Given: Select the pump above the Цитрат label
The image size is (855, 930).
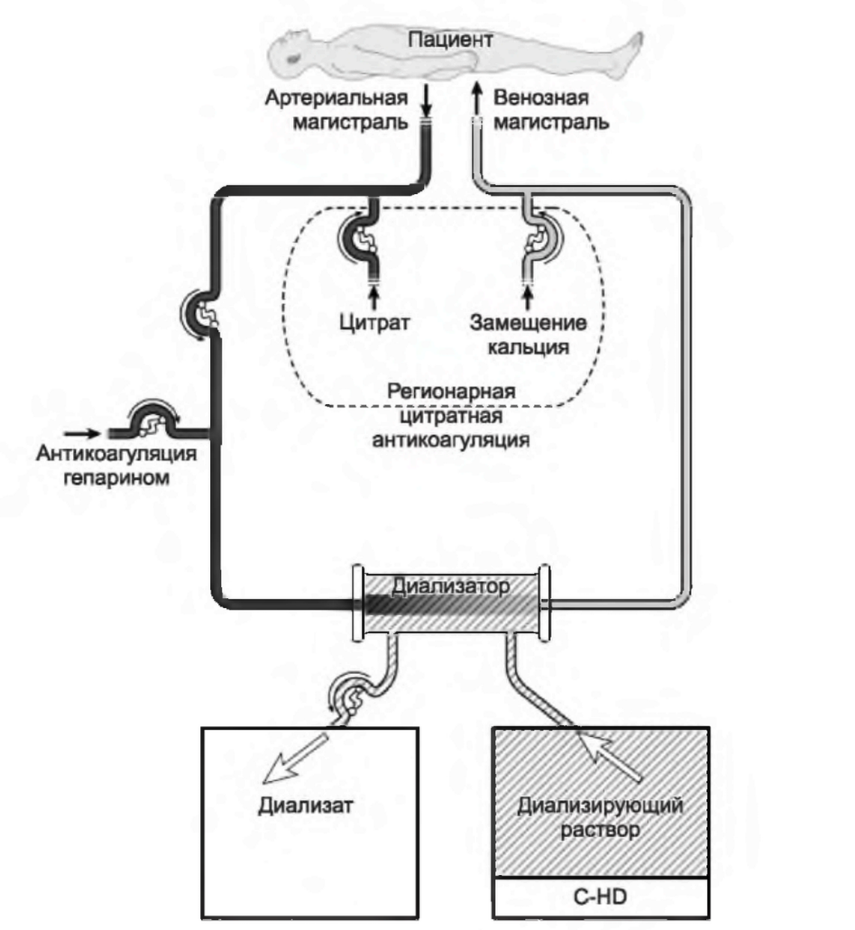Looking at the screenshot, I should (x=361, y=239).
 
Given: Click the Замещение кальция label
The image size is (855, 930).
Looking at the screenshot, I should (x=529, y=333).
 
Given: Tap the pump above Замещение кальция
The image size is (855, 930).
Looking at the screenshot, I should (x=544, y=237).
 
